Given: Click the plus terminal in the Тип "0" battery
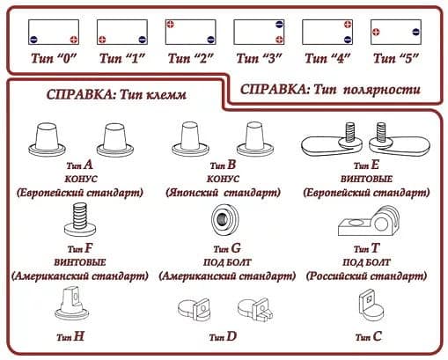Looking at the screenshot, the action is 74,40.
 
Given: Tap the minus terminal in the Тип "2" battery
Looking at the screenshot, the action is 210,40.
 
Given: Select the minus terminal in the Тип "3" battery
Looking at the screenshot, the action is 279,24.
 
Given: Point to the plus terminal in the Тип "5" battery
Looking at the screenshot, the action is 376,32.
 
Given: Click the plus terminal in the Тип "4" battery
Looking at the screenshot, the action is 348,24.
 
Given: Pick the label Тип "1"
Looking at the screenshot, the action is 122,58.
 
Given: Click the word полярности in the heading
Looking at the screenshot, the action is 382,90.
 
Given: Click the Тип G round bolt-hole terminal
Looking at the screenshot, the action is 224,219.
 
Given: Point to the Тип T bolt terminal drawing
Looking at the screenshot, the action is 369,221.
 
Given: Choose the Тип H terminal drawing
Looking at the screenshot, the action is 71,304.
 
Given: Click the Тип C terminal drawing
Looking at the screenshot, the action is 371,305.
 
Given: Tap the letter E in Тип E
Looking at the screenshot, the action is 375,165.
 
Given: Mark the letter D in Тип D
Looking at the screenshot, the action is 231,336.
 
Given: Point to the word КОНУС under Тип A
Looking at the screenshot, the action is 81,179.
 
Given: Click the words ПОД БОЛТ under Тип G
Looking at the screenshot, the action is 227,262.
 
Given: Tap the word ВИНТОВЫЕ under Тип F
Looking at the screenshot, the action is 80,262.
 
